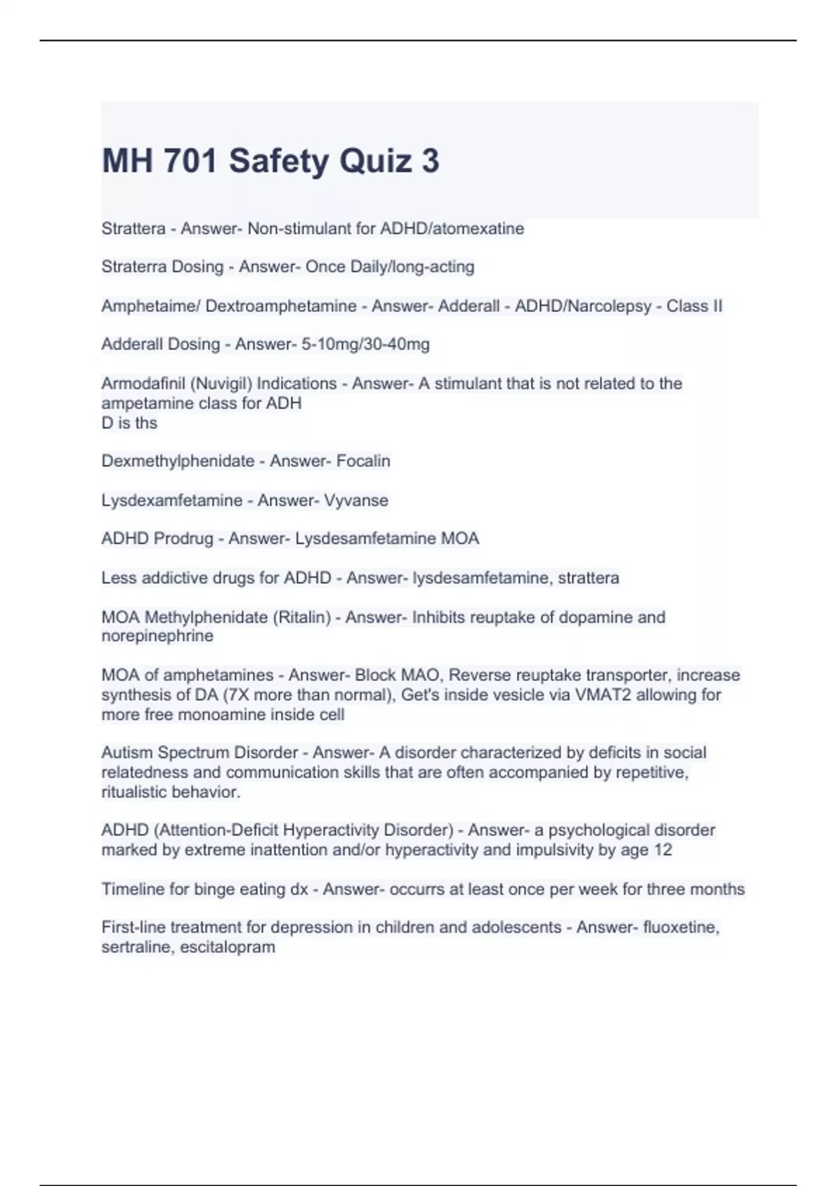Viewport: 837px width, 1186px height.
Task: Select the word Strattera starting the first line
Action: pyautogui.click(x=133, y=229)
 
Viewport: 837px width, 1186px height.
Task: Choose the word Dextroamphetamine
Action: pyautogui.click(x=281, y=306)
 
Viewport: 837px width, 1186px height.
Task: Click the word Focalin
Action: pyautogui.click(x=363, y=461)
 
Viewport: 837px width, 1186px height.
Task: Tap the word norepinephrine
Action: pyautogui.click(x=158, y=636)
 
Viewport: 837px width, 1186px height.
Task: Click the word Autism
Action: pyautogui.click(x=127, y=753)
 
